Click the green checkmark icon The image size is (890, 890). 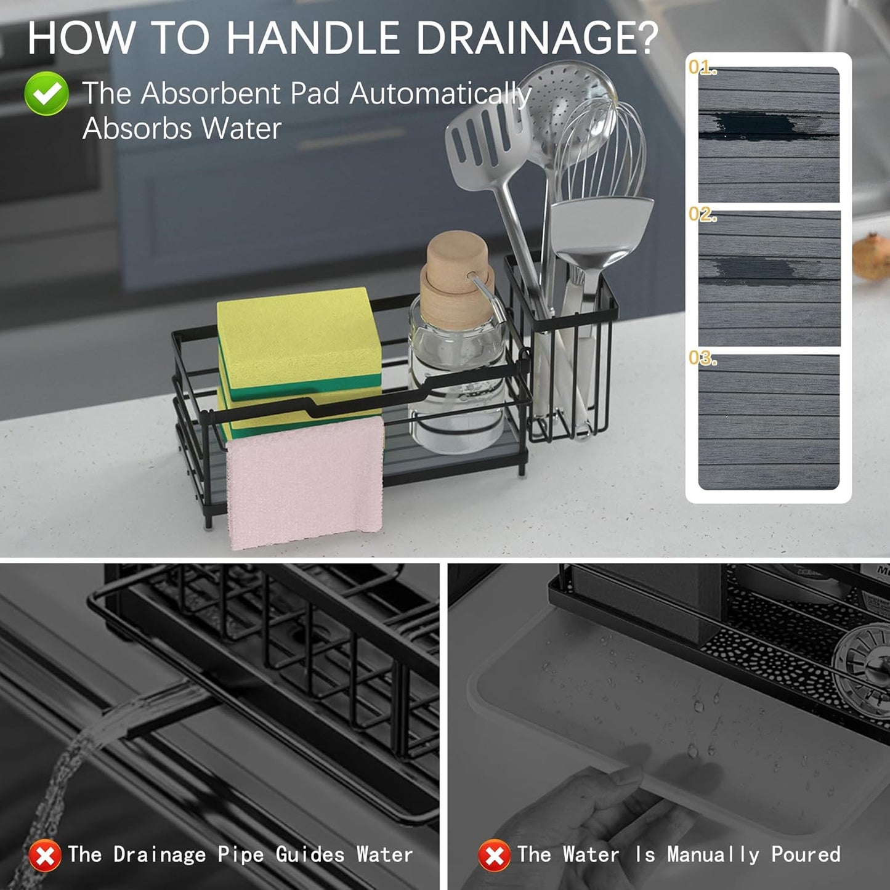point(46,94)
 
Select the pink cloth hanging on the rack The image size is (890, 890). point(305,483)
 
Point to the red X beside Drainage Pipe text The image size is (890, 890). point(45,856)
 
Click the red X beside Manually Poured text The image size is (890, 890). point(494,856)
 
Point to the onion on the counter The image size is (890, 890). point(872,256)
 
